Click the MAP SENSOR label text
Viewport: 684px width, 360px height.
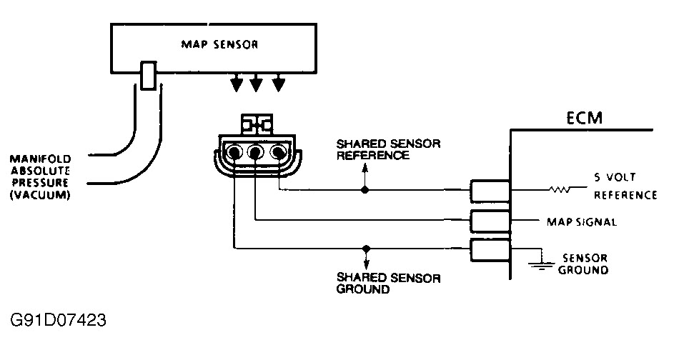click(213, 45)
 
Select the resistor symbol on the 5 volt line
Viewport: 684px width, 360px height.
click(559, 191)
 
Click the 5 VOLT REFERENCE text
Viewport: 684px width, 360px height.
click(625, 185)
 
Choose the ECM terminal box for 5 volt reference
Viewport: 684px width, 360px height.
click(490, 191)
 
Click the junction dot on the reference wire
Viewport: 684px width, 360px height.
click(365, 191)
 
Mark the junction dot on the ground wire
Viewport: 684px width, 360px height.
click(365, 249)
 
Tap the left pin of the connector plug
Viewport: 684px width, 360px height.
click(233, 152)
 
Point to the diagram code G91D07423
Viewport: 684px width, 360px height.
click(59, 318)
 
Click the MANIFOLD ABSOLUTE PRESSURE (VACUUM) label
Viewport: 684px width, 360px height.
click(40, 176)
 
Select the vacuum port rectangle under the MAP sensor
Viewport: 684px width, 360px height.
click(148, 76)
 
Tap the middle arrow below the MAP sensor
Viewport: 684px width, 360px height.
click(256, 84)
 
